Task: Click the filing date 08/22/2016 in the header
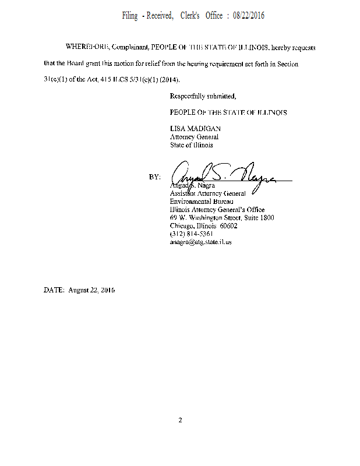click(248, 16)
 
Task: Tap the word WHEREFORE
click(85, 46)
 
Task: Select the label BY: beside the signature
click(154, 176)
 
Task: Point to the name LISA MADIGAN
click(195, 129)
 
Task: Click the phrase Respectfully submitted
click(203, 96)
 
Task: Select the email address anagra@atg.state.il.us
click(200, 242)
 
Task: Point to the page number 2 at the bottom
click(181, 420)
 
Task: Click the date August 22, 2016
click(91, 290)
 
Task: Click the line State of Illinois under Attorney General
click(191, 145)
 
